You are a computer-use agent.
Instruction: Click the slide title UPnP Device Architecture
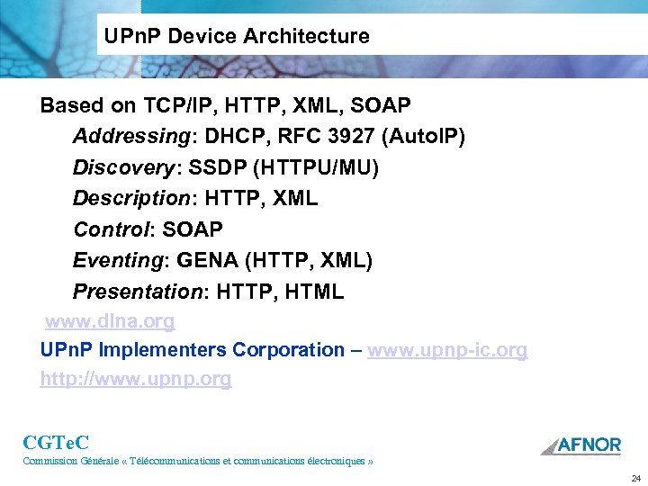tap(237, 37)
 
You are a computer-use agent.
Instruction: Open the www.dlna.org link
tap(110, 321)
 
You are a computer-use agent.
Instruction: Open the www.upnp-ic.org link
tap(447, 350)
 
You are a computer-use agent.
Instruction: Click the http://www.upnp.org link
tap(136, 379)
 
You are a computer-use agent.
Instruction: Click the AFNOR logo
tap(580, 445)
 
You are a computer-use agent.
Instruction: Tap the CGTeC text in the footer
tap(56, 442)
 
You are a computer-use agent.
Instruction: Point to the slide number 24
tap(635, 478)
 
